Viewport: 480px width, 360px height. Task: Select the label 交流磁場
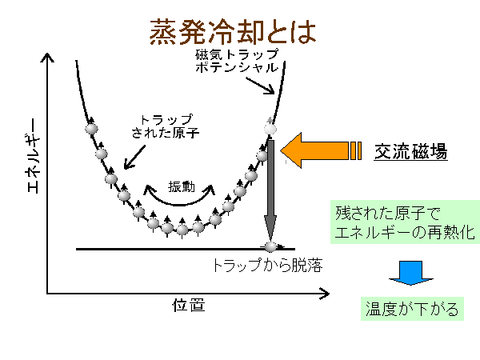(410, 150)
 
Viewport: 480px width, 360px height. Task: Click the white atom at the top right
(270, 127)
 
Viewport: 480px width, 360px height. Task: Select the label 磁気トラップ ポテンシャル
(237, 61)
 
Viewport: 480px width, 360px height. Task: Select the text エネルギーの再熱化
(406, 234)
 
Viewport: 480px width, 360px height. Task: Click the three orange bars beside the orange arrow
(355, 150)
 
